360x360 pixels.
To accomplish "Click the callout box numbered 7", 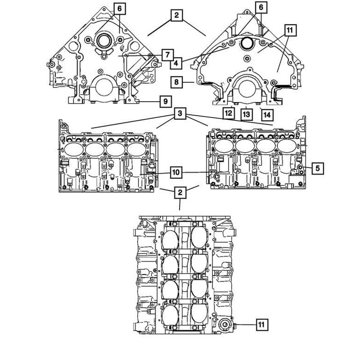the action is click(167, 55).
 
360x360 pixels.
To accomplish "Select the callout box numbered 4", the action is click(176, 63).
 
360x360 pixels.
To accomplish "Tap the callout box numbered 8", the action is click(176, 82).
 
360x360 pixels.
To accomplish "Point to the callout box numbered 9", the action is click(166, 101).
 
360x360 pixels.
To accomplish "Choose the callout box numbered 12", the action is click(229, 113).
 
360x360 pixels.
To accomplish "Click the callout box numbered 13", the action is click(247, 114).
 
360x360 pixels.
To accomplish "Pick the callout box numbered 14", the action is click(267, 115).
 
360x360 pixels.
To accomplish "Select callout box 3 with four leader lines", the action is click(180, 113).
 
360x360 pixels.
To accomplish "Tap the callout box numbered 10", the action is click(176, 172).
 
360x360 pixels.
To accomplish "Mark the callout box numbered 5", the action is click(318, 168).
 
